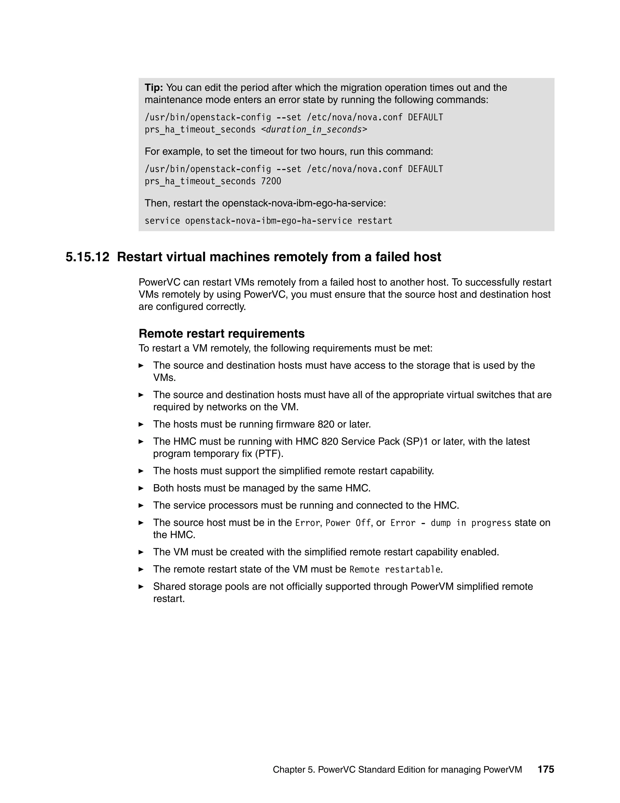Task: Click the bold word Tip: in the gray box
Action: (x=153, y=88)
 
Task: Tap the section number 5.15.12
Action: (x=87, y=257)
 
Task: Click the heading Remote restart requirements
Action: (x=222, y=334)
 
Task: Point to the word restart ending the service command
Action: (x=375, y=221)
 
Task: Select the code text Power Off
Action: (x=348, y=523)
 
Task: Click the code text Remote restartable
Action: (x=395, y=570)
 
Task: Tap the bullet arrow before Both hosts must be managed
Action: (x=141, y=488)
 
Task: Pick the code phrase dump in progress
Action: (x=470, y=523)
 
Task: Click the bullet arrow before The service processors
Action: (x=141, y=505)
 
